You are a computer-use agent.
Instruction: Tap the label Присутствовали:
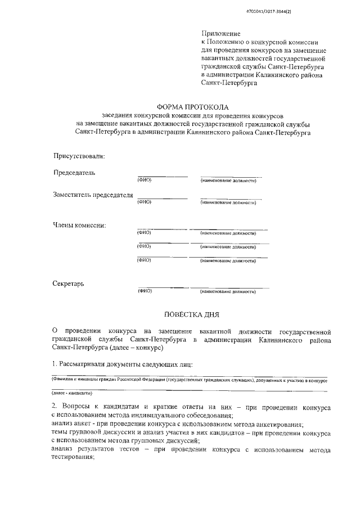pyautogui.click(x=79, y=155)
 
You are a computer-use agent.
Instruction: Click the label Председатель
pyautogui.click(x=74, y=172)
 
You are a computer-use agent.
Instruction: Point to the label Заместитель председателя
pyautogui.click(x=93, y=195)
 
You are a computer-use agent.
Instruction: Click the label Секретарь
pyautogui.click(x=69, y=283)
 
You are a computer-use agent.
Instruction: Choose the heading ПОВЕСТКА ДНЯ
pyautogui.click(x=191, y=315)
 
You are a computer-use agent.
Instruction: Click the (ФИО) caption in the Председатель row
pyautogui.click(x=145, y=181)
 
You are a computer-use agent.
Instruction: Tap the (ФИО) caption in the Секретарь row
pyautogui.click(x=145, y=292)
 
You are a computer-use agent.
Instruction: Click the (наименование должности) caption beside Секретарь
pyautogui.click(x=228, y=292)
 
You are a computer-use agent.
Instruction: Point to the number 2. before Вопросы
pyautogui.click(x=54, y=406)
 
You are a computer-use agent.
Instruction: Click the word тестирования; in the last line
pyautogui.click(x=72, y=458)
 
